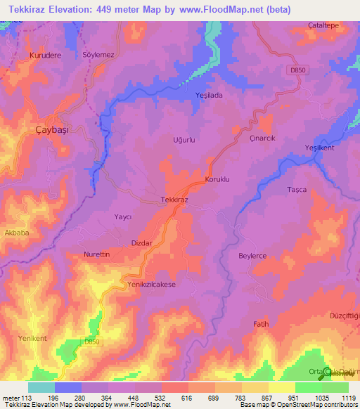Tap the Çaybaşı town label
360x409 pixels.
(x=53, y=129)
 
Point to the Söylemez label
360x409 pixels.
(x=98, y=54)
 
